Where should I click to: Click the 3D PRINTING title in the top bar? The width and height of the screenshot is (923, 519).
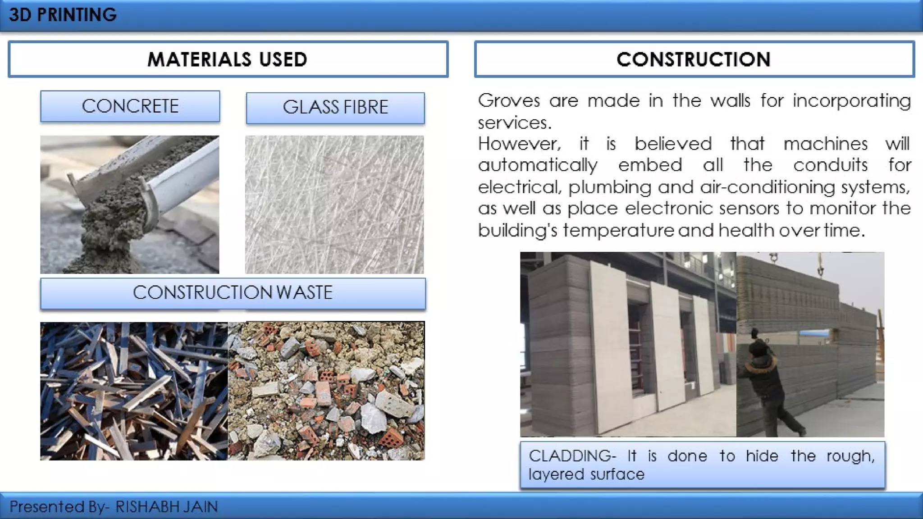coord(63,15)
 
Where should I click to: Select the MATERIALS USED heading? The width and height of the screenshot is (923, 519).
coord(228,59)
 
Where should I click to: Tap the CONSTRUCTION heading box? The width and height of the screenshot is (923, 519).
coord(694,59)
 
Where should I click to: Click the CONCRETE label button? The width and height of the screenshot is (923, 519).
coord(130,106)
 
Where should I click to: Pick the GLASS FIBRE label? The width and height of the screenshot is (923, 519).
coord(335,108)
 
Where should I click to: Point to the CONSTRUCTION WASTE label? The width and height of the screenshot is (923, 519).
coord(233,293)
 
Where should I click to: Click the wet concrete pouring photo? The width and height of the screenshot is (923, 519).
coord(130,205)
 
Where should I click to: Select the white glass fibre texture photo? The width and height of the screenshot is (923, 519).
coord(334,205)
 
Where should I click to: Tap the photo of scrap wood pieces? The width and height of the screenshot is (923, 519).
coord(134,391)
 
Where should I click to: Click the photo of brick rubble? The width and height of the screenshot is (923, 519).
coord(326,391)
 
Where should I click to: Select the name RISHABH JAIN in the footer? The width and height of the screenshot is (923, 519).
coord(166,507)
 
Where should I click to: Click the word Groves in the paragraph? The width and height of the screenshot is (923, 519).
coord(509,100)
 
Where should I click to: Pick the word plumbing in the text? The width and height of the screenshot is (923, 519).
coord(610,187)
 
